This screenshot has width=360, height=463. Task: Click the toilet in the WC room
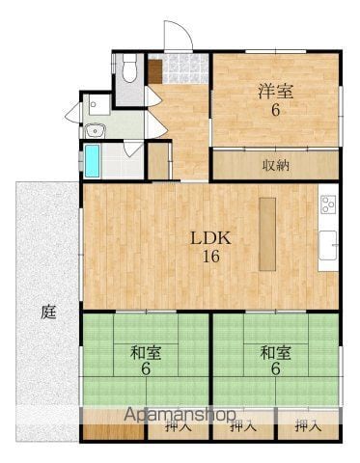(129, 68)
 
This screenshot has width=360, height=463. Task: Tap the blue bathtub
(92, 161)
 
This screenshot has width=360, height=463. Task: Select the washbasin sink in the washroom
(95, 130)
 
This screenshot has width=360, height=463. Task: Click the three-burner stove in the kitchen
(328, 204)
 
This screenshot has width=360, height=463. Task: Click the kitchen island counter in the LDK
(267, 234)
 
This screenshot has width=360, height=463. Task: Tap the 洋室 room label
(276, 91)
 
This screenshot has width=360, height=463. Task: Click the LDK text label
(211, 238)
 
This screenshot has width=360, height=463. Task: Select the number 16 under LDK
(211, 257)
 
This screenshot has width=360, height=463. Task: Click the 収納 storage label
(276, 165)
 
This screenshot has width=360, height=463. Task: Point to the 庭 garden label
(49, 312)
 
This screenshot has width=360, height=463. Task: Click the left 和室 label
(146, 352)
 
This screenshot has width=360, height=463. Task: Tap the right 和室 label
(276, 352)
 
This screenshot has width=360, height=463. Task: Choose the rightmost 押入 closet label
(308, 426)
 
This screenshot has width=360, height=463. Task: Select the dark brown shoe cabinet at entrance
(155, 71)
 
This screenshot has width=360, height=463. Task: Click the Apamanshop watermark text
(180, 415)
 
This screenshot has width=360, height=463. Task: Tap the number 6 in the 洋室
(276, 110)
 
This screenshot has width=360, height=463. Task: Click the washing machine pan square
(99, 104)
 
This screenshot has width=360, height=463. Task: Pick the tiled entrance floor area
(185, 68)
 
